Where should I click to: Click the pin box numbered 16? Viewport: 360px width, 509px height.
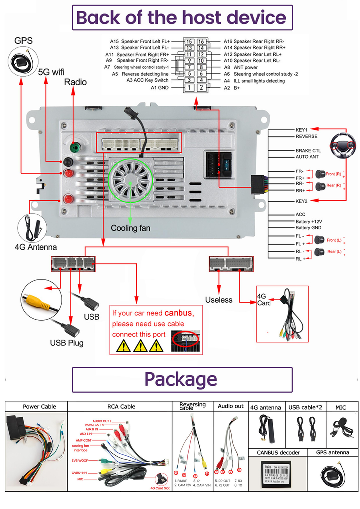201,42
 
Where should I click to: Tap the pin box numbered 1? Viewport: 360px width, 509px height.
189,88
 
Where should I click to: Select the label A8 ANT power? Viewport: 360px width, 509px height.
241,67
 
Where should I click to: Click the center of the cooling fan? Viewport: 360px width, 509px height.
131,182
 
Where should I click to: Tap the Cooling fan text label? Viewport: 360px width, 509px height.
130,228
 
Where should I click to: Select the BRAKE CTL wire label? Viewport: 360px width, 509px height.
308,150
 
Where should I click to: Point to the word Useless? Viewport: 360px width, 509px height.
219,300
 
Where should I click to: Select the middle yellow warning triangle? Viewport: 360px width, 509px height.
140,346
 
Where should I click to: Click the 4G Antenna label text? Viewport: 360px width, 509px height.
35,247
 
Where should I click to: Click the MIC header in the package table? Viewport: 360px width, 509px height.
341,407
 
